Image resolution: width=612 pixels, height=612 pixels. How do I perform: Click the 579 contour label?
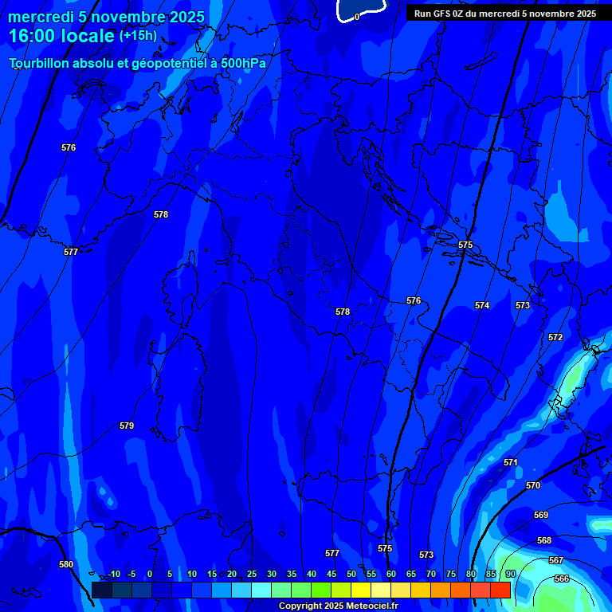(x=127, y=426)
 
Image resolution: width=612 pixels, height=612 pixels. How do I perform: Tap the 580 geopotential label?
(x=66, y=564)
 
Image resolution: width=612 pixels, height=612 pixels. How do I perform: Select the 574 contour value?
(x=482, y=305)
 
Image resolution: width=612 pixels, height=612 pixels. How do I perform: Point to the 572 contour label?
(x=555, y=337)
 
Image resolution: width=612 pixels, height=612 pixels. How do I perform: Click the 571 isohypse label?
(x=511, y=462)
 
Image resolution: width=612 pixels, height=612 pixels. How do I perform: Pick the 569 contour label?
(x=541, y=515)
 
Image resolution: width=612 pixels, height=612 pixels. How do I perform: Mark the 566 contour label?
(x=562, y=579)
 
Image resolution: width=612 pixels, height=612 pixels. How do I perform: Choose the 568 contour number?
(x=544, y=540)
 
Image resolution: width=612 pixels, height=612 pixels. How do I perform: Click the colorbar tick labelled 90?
(x=510, y=574)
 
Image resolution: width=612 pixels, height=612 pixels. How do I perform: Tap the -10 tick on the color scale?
(x=113, y=574)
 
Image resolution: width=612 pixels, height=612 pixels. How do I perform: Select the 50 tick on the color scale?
(x=351, y=574)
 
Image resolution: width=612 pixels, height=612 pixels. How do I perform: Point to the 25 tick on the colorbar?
(x=252, y=574)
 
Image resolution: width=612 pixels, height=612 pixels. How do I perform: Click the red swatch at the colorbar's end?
(x=500, y=590)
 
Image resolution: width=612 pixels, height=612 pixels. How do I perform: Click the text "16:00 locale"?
(x=61, y=36)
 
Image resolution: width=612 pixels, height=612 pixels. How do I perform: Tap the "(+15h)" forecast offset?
(x=138, y=36)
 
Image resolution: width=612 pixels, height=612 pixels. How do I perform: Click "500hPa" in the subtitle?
(x=243, y=63)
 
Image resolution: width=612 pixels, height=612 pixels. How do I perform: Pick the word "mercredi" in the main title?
(x=41, y=17)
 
